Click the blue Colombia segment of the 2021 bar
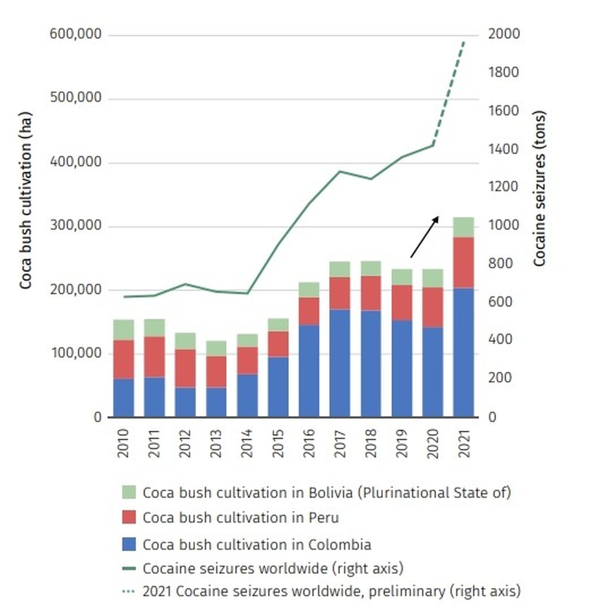click(x=463, y=353)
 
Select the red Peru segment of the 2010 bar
click(x=123, y=359)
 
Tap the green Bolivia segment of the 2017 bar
click(x=340, y=269)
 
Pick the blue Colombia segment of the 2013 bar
click(x=216, y=402)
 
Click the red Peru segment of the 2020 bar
click(x=432, y=307)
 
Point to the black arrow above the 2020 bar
click(x=424, y=237)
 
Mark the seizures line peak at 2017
click(x=340, y=172)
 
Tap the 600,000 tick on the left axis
click(x=75, y=34)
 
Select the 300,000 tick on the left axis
click(x=75, y=225)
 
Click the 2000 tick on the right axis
click(x=504, y=34)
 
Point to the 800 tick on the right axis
click(x=500, y=263)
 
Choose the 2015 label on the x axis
click(x=278, y=443)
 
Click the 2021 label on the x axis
click(x=463, y=443)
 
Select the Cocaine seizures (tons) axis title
click(x=539, y=188)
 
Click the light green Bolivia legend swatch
click(x=129, y=492)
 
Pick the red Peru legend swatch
click(x=129, y=517)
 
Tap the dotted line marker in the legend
click(x=129, y=591)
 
